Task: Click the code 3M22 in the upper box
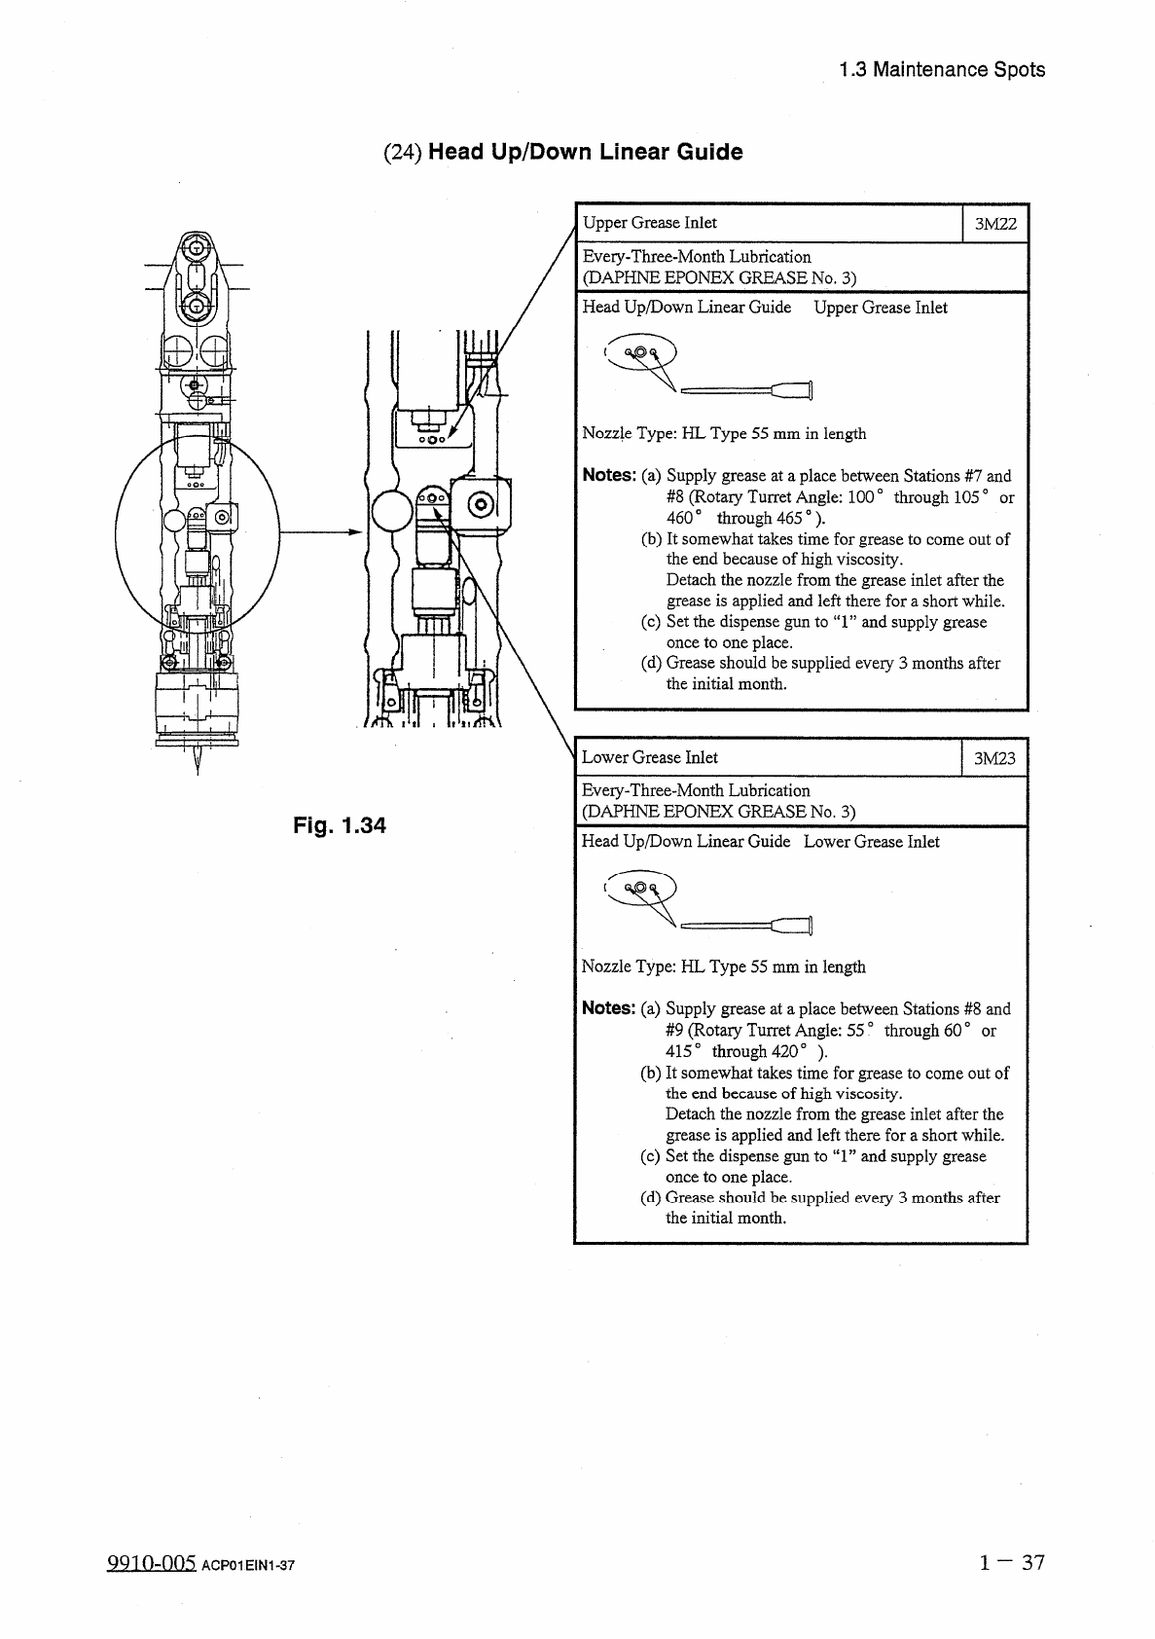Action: pos(995,224)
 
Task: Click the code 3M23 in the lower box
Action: pos(994,758)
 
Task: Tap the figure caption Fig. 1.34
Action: pos(340,825)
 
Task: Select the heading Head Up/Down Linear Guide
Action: pos(585,152)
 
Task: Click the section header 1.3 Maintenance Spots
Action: pos(941,69)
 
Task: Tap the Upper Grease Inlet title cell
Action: pos(650,223)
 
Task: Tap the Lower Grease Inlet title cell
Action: pos(650,757)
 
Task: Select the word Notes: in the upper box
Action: pos(608,475)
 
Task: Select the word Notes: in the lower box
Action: pos(608,1008)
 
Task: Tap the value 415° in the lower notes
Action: pos(683,1051)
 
